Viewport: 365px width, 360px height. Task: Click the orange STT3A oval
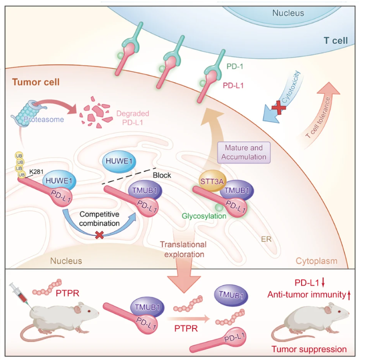tap(211, 181)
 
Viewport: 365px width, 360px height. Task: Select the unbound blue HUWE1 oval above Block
tap(119, 161)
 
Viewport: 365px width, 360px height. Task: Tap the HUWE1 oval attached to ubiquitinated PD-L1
tap(59, 181)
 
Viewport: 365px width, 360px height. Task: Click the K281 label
tap(36, 172)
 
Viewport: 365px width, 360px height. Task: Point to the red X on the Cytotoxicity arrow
tap(279, 108)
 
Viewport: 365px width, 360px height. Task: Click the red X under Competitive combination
tap(99, 235)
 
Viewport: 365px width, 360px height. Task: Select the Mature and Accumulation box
tap(244, 152)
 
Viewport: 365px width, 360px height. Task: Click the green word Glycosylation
tap(204, 216)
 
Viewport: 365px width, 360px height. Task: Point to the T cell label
tap(336, 41)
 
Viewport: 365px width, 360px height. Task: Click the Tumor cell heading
tap(36, 82)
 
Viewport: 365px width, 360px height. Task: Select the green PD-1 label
tap(235, 67)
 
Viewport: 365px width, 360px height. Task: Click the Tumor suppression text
tap(309, 349)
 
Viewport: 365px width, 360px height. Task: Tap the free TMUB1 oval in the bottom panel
tap(231, 295)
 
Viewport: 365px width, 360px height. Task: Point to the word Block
tap(162, 175)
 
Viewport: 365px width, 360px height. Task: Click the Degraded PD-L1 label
tap(133, 118)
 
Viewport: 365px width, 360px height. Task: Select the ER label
tap(266, 239)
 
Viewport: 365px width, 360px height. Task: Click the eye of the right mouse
tap(339, 311)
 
